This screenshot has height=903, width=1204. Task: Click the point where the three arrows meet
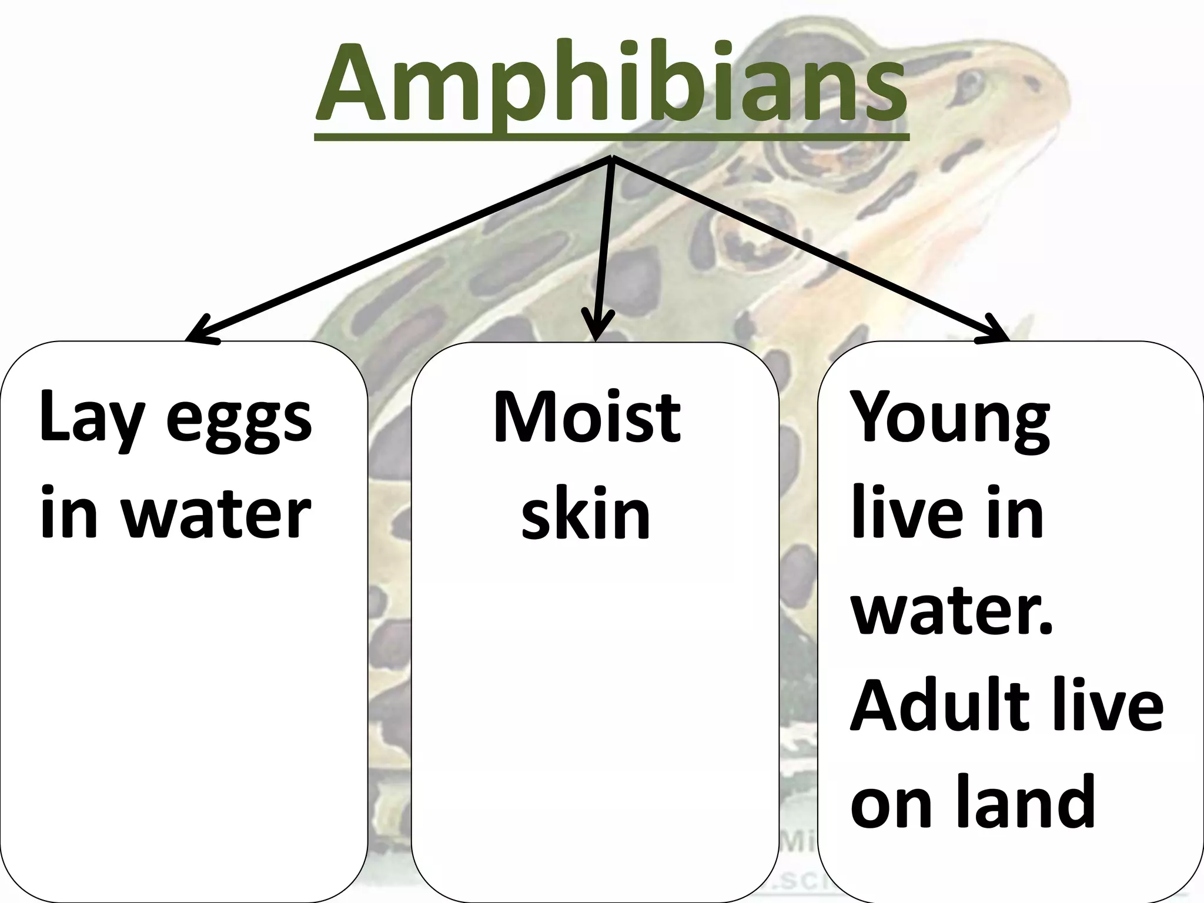pyautogui.click(x=612, y=159)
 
